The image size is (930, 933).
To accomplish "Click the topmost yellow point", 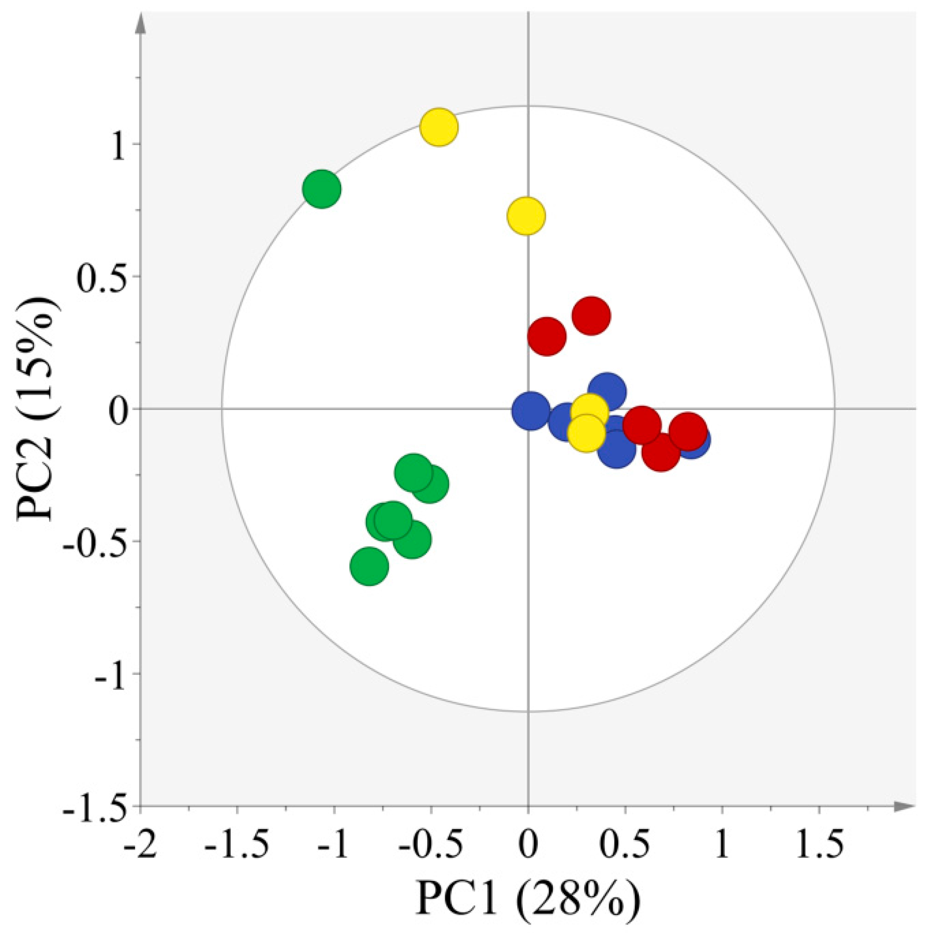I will pyautogui.click(x=439, y=127).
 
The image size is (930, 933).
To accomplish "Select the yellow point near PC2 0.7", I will pyautogui.click(x=526, y=216).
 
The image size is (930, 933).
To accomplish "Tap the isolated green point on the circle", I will pyautogui.click(x=322, y=189).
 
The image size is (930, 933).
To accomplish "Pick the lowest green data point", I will pyautogui.click(x=369, y=566).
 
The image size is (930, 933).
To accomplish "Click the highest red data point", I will pyautogui.click(x=591, y=315).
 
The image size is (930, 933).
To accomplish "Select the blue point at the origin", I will pyautogui.click(x=531, y=410).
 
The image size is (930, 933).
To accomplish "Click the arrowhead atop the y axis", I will pyautogui.click(x=141, y=23).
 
